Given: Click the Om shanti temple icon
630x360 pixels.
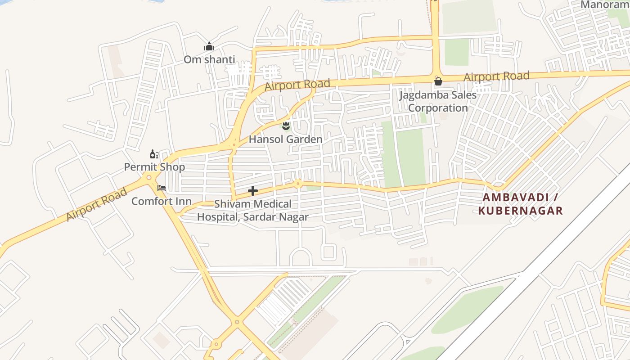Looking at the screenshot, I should click(x=209, y=47).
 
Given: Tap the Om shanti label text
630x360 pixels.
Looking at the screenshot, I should click(x=209, y=59).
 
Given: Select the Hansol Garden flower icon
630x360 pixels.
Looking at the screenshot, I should click(x=286, y=126).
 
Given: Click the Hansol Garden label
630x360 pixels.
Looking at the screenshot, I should click(x=286, y=139).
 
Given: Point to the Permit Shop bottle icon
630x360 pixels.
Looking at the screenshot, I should click(x=154, y=154).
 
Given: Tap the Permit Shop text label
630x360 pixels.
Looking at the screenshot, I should click(x=154, y=167).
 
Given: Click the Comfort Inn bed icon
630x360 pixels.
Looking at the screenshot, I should click(x=162, y=188).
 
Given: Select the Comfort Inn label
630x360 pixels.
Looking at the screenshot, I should click(x=162, y=201).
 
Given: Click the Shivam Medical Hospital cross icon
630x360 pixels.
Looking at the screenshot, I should click(x=253, y=191).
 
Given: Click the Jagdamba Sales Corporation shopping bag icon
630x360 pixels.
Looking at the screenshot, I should click(x=438, y=81).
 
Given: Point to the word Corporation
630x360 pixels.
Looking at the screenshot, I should click(x=438, y=108).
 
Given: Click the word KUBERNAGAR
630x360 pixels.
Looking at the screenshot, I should click(x=520, y=211).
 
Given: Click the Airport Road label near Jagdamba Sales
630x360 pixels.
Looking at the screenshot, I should click(x=496, y=77).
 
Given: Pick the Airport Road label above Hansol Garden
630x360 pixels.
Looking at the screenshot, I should click(x=297, y=85).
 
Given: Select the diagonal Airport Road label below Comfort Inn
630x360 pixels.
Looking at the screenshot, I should click(x=96, y=205).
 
